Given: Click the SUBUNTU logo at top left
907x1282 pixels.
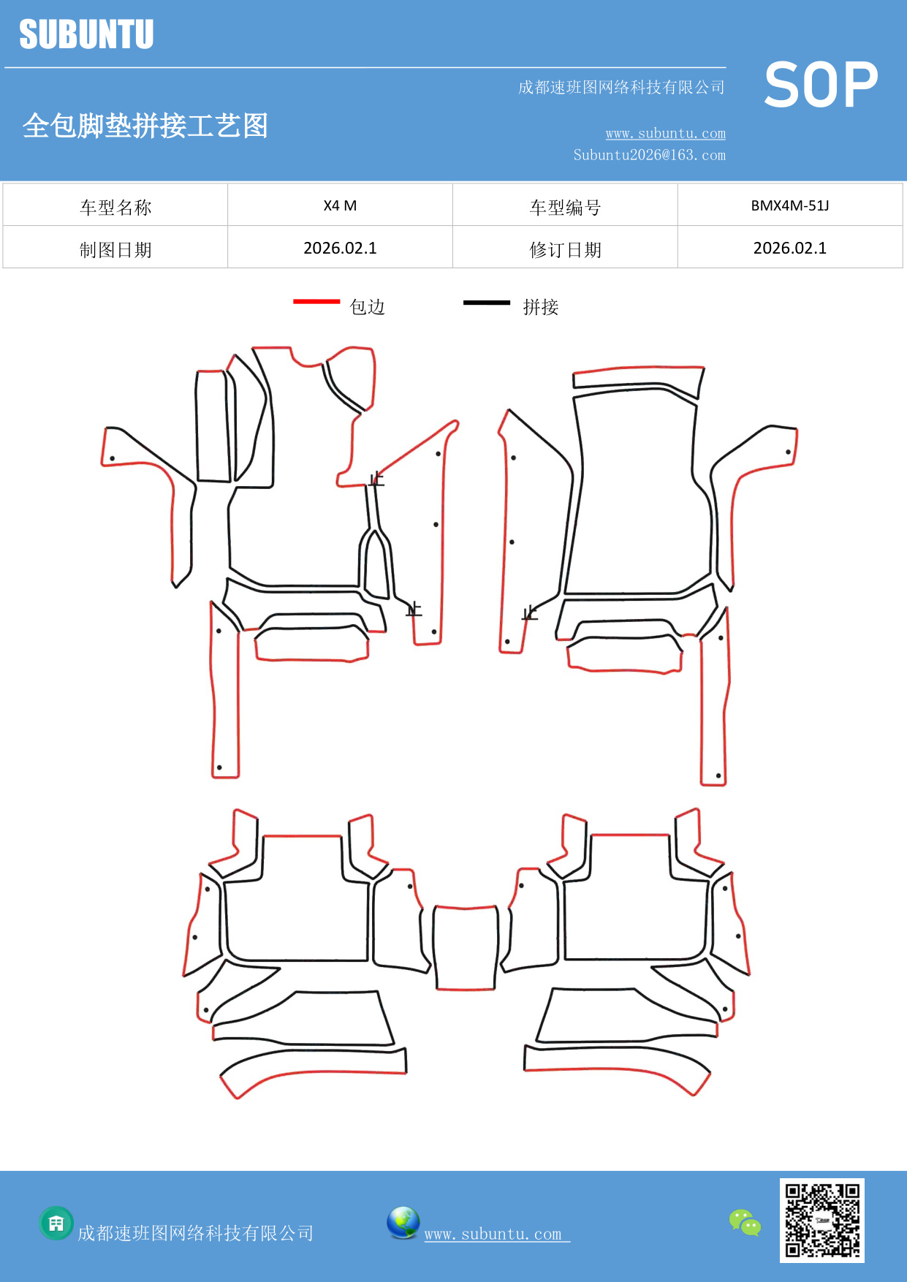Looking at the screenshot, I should [x=86, y=34].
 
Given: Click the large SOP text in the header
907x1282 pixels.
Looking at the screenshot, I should [x=820, y=86].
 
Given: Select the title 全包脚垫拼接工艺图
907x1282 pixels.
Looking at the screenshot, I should [x=145, y=126].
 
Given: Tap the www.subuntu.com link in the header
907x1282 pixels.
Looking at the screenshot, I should [x=665, y=134].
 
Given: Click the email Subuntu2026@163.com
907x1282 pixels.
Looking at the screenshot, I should [x=649, y=155].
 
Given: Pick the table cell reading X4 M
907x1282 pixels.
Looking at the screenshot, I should [x=340, y=205].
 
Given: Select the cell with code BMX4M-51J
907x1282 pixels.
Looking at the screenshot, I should [x=789, y=205].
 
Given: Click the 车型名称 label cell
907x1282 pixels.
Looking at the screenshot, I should [x=115, y=208].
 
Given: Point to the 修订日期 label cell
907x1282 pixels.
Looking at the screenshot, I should [x=565, y=250].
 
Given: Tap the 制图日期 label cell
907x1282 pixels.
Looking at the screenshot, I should [x=115, y=250].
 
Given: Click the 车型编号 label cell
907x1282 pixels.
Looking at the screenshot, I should [x=565, y=208].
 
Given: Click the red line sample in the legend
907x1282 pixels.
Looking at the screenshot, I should [x=316, y=301].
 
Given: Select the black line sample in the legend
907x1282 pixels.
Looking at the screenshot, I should [x=486, y=302].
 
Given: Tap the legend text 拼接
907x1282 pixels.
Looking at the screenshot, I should [x=540, y=307].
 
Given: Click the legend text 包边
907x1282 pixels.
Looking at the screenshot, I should [x=367, y=307].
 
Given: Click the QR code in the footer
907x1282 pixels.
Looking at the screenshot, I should [x=821, y=1220].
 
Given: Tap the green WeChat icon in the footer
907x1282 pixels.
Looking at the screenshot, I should [x=745, y=1222].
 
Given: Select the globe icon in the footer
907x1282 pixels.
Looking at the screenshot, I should [x=403, y=1223].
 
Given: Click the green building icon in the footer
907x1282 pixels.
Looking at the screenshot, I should [x=56, y=1223].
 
